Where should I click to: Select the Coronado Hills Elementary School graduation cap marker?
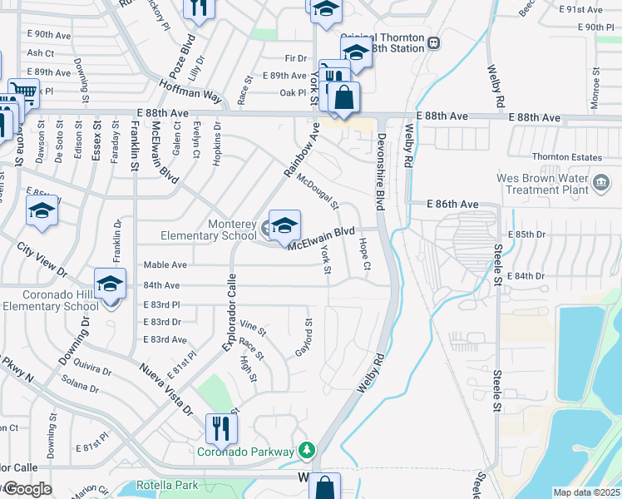pos(110,284)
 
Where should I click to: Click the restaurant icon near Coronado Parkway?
pos(221,428)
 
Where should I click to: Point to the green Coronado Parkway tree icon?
pos(308,451)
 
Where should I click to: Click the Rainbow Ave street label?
pos(302,151)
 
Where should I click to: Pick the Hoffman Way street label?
pos(191,91)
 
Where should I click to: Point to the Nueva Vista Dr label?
pos(165,390)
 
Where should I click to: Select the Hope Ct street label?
pos(363,254)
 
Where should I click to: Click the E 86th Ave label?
pos(453,204)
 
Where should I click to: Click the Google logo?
pos(27,489)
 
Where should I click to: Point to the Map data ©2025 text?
pos(586,492)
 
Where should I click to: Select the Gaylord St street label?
pos(304,338)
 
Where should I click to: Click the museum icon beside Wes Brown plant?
pos(602,182)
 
